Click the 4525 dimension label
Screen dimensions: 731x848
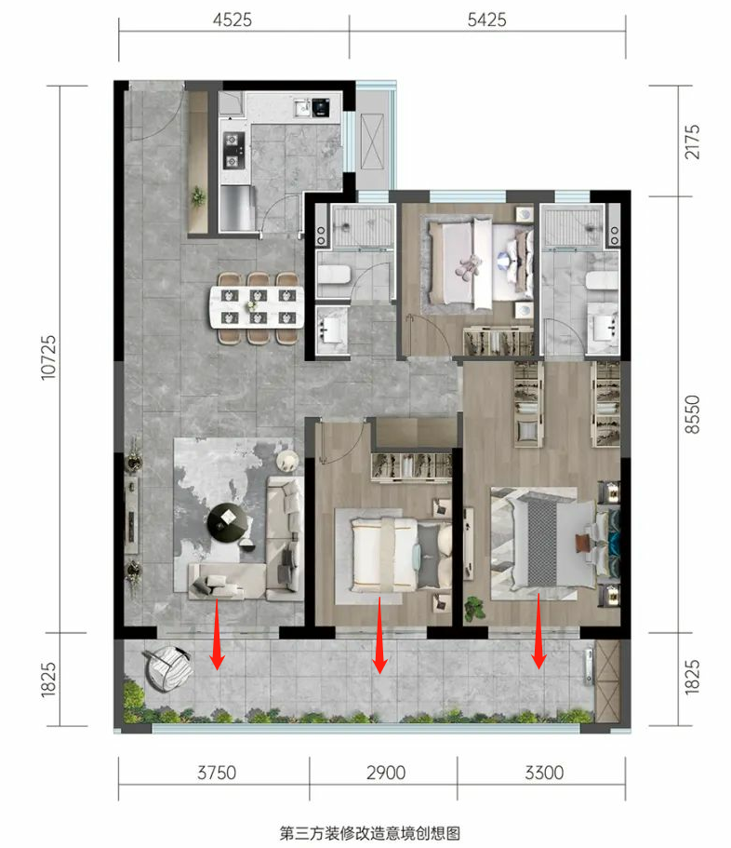(233, 20)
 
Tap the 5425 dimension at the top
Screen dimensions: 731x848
(486, 20)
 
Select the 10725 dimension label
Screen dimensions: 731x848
(48, 357)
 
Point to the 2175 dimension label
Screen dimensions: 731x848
(692, 141)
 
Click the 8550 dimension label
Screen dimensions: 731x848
(692, 414)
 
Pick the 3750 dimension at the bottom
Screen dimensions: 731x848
(217, 773)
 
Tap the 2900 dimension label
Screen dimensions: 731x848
(386, 773)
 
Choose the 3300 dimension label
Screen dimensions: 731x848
(544, 773)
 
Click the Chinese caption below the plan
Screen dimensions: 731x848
(370, 833)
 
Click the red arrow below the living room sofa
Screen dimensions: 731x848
(218, 635)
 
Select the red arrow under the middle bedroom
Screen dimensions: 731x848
(379, 636)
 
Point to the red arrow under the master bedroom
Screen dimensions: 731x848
(538, 631)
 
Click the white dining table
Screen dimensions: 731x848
(257, 306)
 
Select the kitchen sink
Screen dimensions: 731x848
(302, 108)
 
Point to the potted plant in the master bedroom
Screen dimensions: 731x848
(475, 608)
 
